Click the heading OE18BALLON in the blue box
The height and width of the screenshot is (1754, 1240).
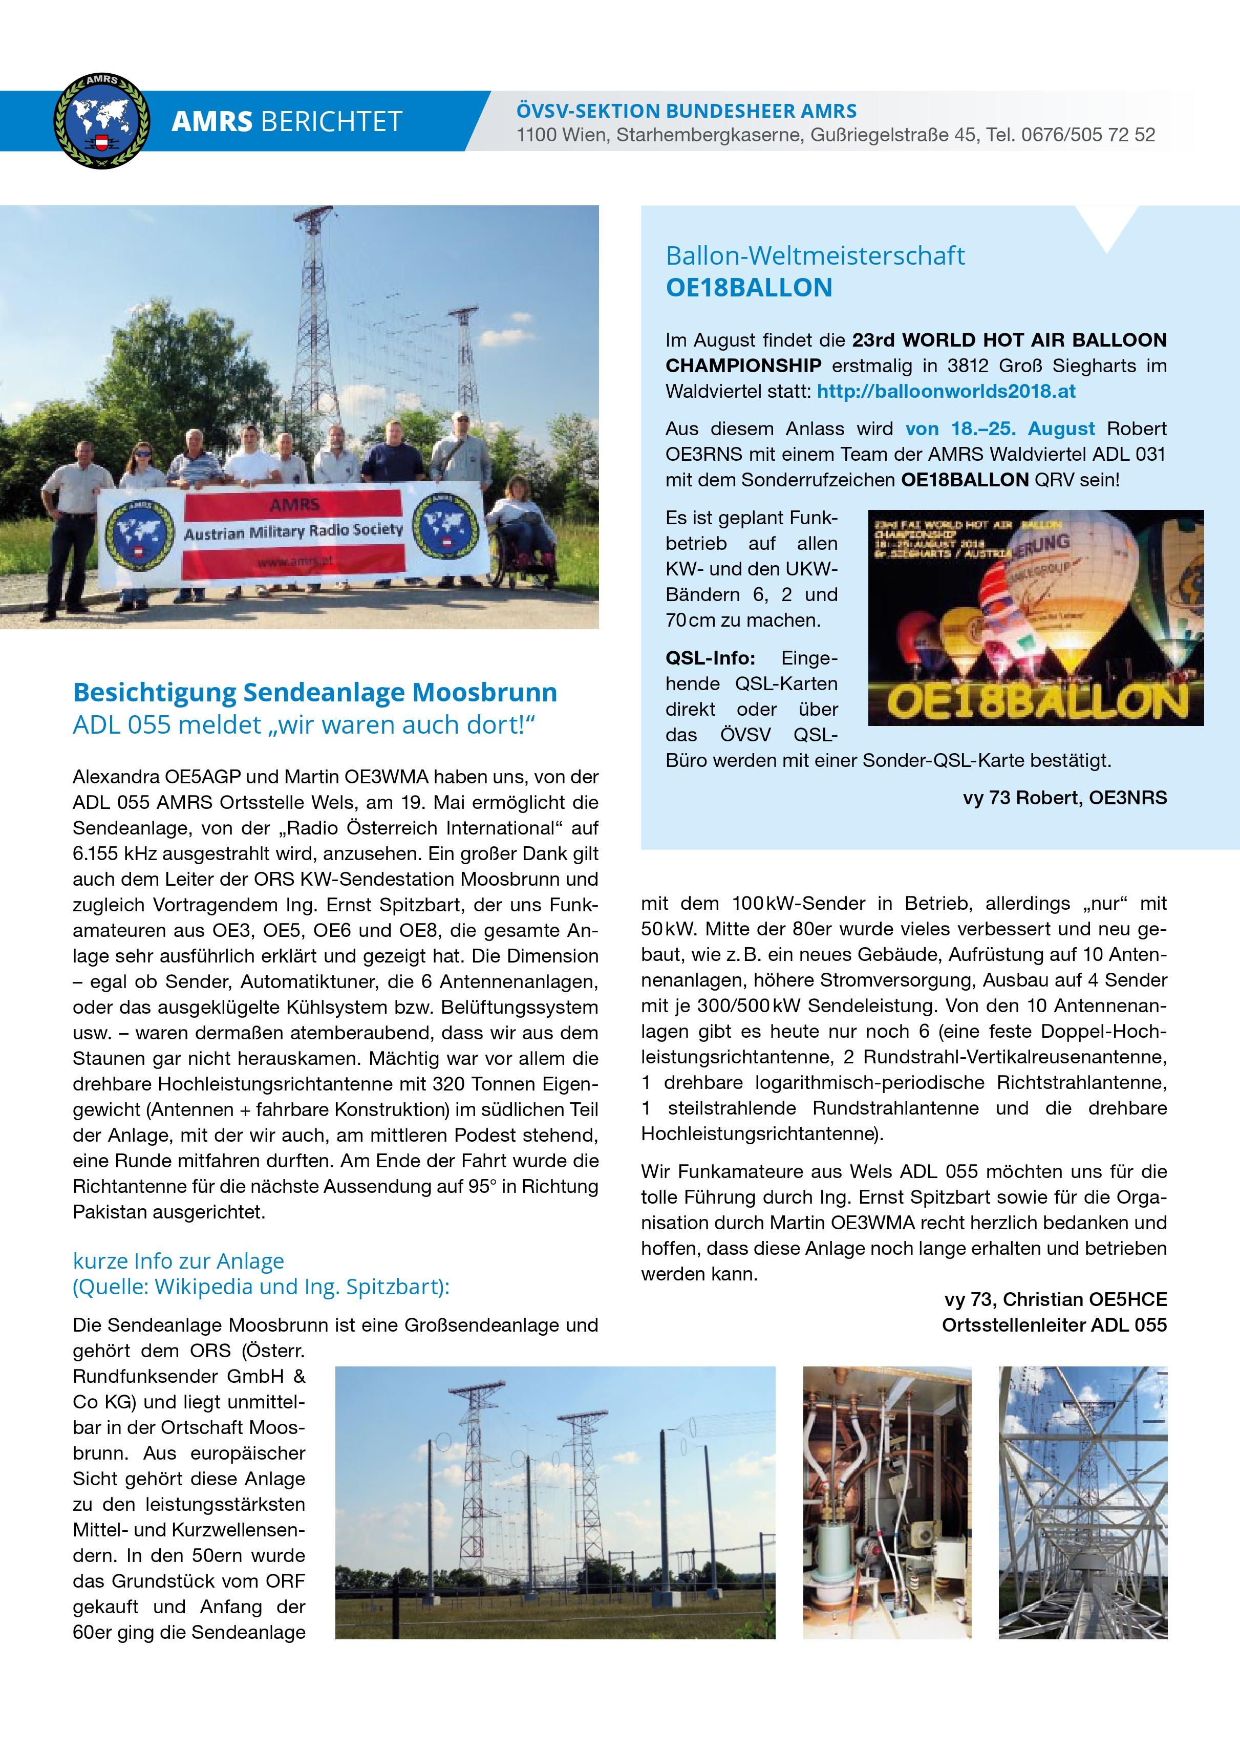749,288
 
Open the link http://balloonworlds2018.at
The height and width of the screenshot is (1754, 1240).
946,391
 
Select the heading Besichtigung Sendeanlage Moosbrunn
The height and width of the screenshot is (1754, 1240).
315,692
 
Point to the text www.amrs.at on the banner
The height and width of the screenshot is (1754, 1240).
294,562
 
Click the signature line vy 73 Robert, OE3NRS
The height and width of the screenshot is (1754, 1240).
1064,798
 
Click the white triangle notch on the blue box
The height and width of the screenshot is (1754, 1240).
1106,228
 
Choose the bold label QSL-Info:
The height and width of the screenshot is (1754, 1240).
710,658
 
